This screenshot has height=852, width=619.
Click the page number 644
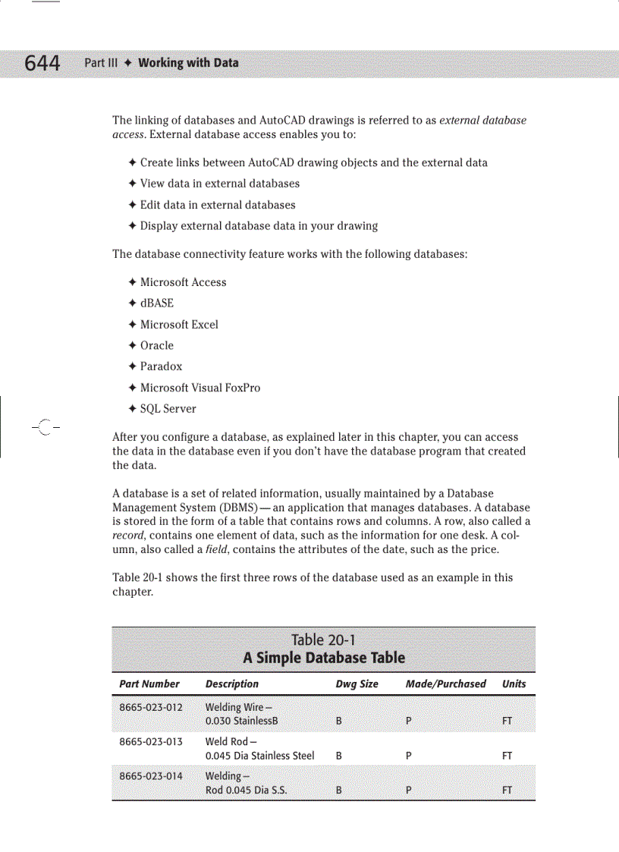click(x=42, y=63)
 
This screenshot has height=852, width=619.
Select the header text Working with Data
click(x=188, y=63)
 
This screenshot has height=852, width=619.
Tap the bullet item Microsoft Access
click(x=183, y=282)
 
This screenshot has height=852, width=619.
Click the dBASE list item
click(x=156, y=303)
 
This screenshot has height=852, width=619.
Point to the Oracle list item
click(x=156, y=345)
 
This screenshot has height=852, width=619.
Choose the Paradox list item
click(x=161, y=366)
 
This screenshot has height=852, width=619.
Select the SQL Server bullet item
click(x=168, y=409)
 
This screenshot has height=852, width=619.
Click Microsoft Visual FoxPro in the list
click(x=200, y=388)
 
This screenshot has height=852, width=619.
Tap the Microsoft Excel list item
click(x=179, y=325)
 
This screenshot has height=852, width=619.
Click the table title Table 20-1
click(x=323, y=640)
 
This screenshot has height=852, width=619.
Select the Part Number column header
click(x=149, y=684)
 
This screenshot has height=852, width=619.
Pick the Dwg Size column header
click(x=357, y=684)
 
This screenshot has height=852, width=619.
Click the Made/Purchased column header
click(x=445, y=684)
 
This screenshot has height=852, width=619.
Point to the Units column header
click(x=514, y=684)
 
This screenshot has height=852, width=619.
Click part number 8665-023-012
click(x=151, y=708)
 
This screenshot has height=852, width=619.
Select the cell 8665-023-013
click(x=151, y=742)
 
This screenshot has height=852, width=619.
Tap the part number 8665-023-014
click(x=151, y=776)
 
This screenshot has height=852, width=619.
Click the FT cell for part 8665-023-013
click(x=507, y=756)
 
